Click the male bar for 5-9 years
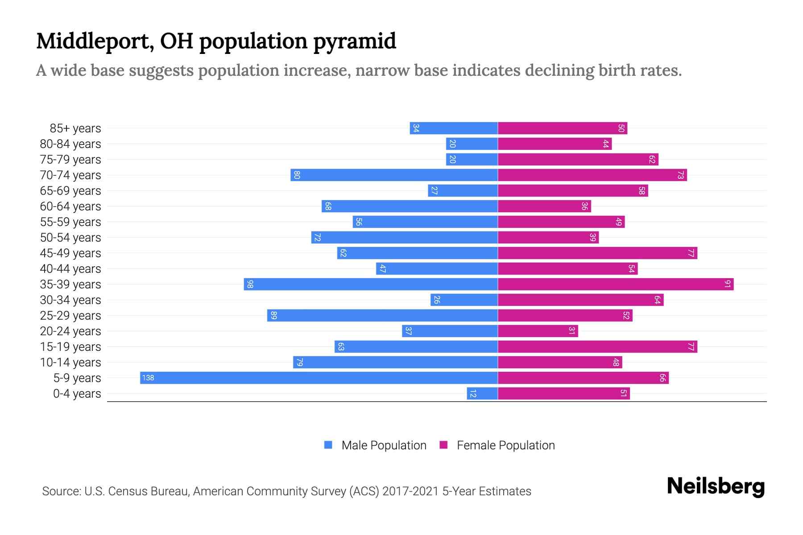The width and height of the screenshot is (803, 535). (x=319, y=378)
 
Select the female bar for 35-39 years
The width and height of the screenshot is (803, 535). (x=616, y=284)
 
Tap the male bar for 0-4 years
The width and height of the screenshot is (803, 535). (x=482, y=393)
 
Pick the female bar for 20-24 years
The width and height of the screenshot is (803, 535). (x=538, y=331)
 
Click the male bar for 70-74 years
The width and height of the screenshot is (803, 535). (x=394, y=175)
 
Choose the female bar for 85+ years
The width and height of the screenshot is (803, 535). (x=562, y=128)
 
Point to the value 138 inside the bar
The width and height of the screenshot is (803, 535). (x=148, y=378)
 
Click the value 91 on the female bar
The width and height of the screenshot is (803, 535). (x=727, y=284)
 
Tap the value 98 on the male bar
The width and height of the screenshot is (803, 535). (x=250, y=284)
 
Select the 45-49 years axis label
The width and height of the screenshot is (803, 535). (x=70, y=253)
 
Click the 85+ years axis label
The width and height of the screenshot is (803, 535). (x=75, y=128)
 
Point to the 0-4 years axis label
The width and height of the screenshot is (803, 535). (x=77, y=393)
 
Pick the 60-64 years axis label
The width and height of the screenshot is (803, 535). (x=70, y=206)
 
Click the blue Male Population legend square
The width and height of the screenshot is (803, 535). (x=328, y=445)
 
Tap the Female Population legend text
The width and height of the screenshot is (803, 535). (x=505, y=445)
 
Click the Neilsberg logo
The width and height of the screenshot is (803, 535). (x=716, y=486)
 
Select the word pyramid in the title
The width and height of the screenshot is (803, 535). (x=354, y=41)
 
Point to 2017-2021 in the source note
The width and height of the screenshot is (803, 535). (x=410, y=491)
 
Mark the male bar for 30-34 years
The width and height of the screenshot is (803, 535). (x=464, y=300)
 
